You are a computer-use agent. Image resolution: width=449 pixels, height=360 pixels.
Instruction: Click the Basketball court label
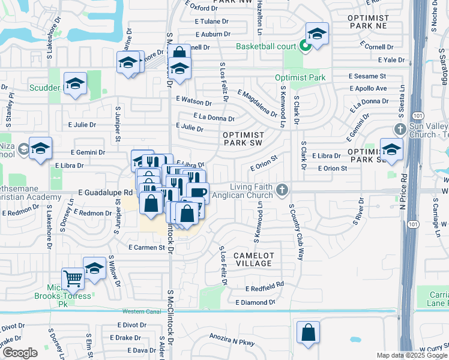(267, 46)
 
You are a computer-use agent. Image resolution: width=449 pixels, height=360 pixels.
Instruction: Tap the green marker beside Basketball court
(305, 46)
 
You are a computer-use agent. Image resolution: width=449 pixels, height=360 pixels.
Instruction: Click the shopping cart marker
(73, 278)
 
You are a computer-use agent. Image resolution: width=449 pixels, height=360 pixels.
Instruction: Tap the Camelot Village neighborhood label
(254, 259)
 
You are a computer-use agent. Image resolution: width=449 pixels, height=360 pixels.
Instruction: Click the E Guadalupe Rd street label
(105, 193)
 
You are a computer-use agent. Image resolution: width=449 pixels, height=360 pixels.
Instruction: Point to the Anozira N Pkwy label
(232, 343)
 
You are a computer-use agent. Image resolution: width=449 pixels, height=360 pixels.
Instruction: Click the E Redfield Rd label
(260, 285)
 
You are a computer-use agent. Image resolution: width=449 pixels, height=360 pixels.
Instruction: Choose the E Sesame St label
(367, 76)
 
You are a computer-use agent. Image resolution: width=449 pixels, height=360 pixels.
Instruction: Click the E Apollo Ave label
(369, 88)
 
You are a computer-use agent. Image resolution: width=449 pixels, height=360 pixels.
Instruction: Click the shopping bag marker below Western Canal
(308, 332)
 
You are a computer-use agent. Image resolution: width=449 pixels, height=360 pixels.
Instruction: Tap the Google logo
(20, 353)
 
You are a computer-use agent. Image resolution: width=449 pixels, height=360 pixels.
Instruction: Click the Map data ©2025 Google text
(412, 355)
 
